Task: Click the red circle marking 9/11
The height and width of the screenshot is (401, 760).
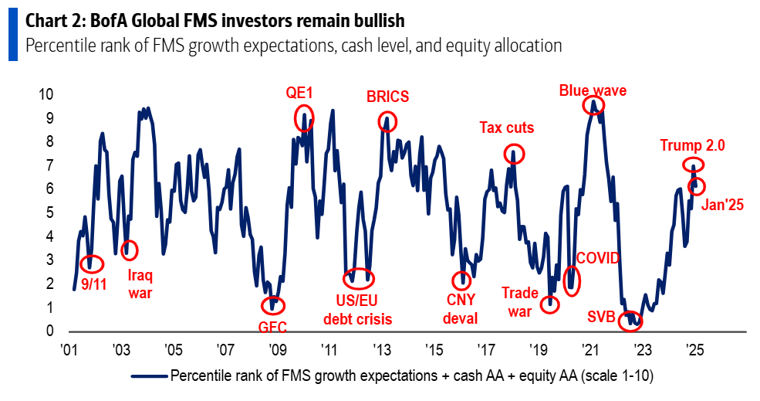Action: [x=91, y=264]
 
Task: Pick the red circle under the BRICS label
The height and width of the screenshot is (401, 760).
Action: [x=387, y=121]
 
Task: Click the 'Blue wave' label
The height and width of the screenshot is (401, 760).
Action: [x=593, y=90]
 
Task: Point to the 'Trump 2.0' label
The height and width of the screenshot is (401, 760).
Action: [x=692, y=144]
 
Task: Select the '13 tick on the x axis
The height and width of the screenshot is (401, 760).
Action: [x=381, y=348]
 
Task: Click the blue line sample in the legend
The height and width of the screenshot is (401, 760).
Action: [x=148, y=376]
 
